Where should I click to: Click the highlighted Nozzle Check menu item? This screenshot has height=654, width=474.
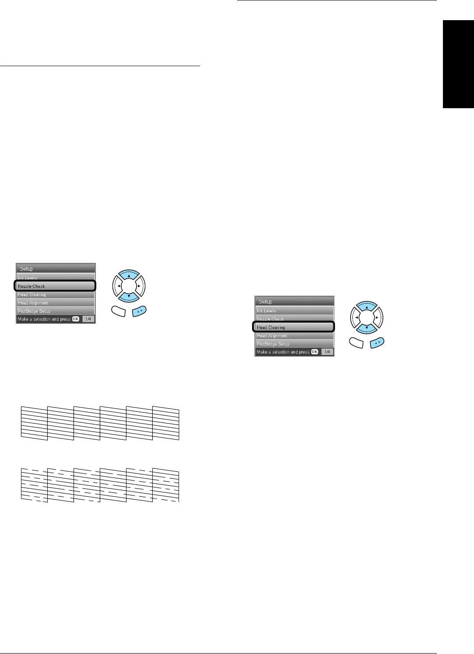pos(55,286)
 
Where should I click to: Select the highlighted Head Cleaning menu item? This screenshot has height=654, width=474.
pos(294,327)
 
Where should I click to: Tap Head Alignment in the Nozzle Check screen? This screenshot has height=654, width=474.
pos(55,303)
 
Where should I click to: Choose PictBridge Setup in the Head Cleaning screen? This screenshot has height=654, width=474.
pos(294,344)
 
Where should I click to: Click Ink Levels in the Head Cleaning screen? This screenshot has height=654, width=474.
pos(294,311)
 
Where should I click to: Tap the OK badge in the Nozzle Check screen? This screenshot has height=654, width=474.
pos(76,319)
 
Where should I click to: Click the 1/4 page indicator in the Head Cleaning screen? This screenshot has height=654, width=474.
pos(327,352)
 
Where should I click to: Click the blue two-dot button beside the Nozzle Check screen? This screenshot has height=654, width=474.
pos(139,311)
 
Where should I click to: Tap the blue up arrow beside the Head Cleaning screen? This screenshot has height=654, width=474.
pos(367,308)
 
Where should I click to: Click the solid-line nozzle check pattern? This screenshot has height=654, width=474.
pos(100,423)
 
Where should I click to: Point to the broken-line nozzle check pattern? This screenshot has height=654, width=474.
pos(100,484)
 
